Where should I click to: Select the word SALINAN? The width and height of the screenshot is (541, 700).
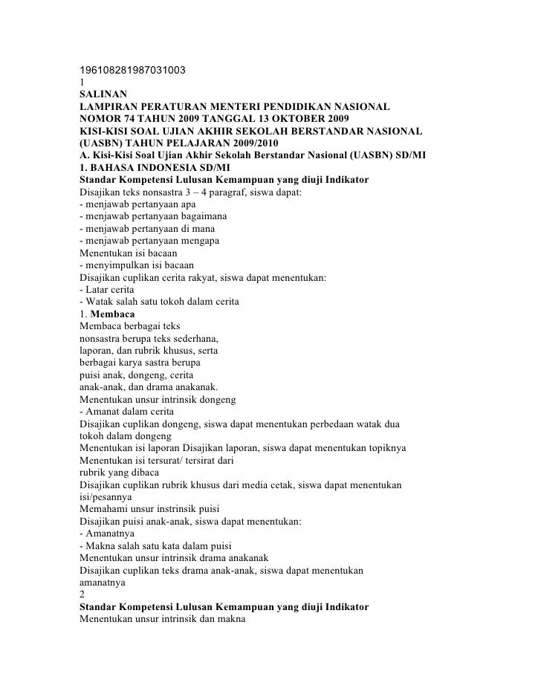[103, 94]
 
